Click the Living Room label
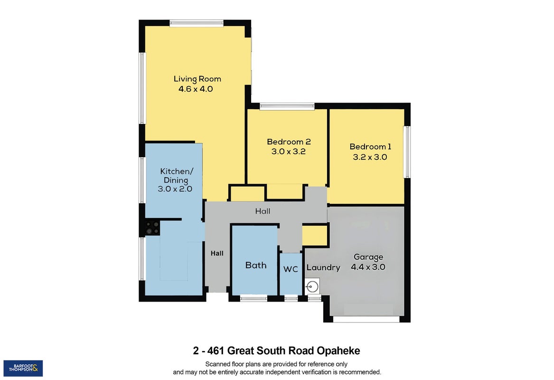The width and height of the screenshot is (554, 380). point(197,79)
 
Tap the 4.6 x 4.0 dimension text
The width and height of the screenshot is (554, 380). point(196,89)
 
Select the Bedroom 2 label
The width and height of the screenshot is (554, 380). point(289,142)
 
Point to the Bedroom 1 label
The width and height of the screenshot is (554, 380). point(370,147)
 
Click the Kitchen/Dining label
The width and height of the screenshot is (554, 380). point(176,176)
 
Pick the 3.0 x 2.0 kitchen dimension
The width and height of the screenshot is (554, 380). point(175,189)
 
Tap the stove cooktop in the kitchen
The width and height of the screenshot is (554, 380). point(153,228)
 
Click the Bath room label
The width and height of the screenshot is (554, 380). point(256,265)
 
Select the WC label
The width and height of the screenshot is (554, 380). point(291,269)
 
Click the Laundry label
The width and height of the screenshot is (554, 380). point(323,267)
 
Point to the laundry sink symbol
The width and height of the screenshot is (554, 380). point(312,285)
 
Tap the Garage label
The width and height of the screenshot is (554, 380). point(368,257)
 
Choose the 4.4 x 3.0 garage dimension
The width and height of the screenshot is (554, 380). point(368,267)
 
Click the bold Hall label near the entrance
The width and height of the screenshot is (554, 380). point(217,253)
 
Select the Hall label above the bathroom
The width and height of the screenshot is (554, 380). point(263,211)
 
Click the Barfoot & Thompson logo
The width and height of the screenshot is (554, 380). point(23,368)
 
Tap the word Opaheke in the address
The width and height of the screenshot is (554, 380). point(338,351)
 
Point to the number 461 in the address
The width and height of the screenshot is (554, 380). point(216,351)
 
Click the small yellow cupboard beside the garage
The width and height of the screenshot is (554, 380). point(314,235)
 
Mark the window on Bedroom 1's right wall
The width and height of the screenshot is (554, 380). point(407,152)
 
